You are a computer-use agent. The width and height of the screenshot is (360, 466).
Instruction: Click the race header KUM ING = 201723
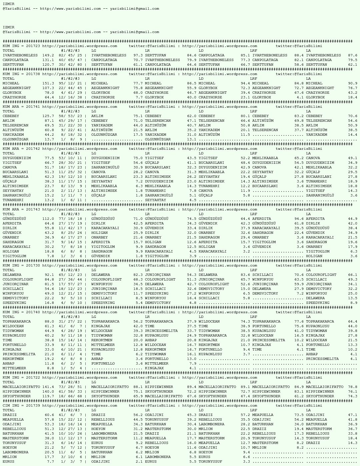21,46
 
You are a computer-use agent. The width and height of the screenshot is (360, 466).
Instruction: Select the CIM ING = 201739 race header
21,406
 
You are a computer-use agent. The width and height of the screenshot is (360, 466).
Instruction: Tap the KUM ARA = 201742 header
21,149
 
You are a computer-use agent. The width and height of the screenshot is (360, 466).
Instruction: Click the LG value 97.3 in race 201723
138,55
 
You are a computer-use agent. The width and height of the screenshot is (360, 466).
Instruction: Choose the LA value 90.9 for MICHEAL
352,83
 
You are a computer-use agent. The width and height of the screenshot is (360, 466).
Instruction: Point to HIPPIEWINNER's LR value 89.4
191,387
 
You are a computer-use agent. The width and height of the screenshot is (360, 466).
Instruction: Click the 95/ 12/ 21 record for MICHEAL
70,83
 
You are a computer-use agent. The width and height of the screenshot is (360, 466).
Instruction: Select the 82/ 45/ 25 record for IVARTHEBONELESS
70,55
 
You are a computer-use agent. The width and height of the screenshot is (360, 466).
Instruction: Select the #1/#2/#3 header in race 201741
70,111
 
